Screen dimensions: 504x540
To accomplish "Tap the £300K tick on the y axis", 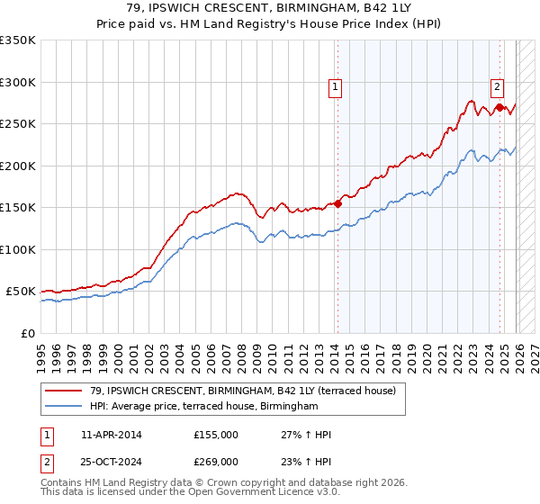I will [x=18, y=82].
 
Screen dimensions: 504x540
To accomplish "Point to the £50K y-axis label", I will [x=21, y=292].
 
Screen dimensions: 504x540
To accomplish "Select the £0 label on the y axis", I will [x=29, y=334].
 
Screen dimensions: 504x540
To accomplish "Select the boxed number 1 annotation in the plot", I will [x=335, y=87].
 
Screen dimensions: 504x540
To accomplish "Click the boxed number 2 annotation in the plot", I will [x=497, y=87].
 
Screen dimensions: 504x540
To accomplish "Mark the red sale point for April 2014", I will [x=338, y=203].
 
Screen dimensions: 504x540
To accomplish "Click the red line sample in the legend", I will [x=65, y=391].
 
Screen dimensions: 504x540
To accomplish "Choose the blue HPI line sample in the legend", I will [x=65, y=407].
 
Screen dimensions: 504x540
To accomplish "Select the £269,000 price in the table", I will [x=215, y=461].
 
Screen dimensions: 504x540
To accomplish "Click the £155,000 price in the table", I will [x=215, y=435].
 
